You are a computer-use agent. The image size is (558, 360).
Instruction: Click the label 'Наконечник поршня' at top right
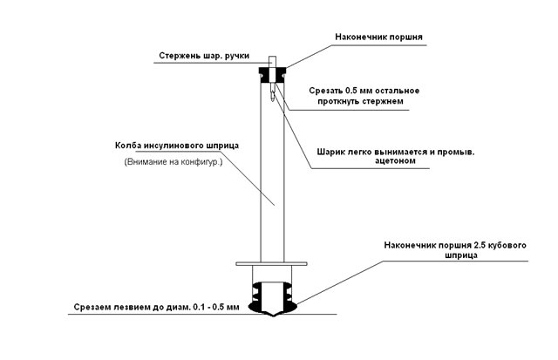click(x=378, y=37)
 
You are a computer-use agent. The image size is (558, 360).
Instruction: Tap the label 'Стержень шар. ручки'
click(x=204, y=56)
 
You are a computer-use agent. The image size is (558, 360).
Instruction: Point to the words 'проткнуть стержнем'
click(x=360, y=101)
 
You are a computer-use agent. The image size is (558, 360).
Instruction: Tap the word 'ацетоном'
click(x=395, y=160)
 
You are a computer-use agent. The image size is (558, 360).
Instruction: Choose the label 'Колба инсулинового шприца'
click(x=177, y=146)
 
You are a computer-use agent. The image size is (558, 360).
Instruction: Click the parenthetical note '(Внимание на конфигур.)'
click(x=174, y=162)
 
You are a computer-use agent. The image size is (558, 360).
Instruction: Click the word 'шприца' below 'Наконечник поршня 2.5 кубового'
click(x=461, y=255)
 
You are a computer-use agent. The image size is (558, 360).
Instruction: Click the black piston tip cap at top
click(x=272, y=75)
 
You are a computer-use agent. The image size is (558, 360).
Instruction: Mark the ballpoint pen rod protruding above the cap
click(x=272, y=61)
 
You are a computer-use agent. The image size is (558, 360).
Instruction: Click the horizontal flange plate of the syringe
click(x=271, y=264)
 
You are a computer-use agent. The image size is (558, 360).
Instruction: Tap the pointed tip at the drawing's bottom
click(x=272, y=316)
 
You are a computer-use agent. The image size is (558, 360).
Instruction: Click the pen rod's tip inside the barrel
click(x=272, y=100)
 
